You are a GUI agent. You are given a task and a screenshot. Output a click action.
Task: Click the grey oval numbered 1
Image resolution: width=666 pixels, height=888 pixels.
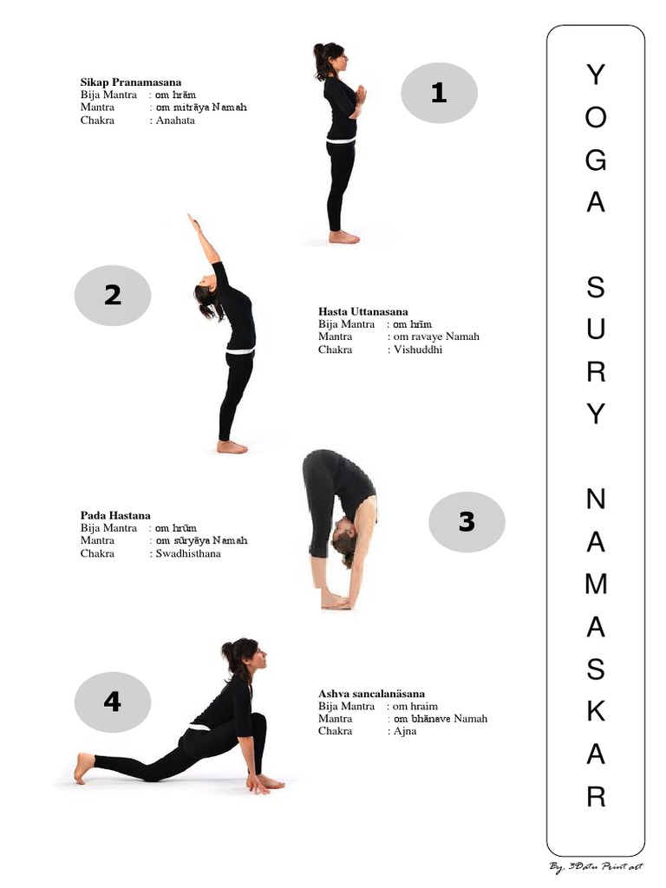[x=439, y=93]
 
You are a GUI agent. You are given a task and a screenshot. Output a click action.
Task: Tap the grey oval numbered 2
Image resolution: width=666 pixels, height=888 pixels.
[x=113, y=296]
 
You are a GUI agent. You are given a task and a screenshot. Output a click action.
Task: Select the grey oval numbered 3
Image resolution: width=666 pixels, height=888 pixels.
[x=467, y=522]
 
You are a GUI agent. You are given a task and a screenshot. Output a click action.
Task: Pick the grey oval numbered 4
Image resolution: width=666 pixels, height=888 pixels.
[x=113, y=702]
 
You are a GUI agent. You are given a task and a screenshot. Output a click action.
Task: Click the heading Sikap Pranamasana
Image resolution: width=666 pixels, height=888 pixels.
[x=131, y=82]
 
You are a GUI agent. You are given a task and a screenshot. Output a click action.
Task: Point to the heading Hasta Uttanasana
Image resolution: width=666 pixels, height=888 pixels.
[x=362, y=311]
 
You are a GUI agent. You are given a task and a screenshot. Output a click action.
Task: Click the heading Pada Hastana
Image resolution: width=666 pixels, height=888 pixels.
[x=115, y=515]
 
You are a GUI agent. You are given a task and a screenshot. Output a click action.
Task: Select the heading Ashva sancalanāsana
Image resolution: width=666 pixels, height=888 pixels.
[x=371, y=694]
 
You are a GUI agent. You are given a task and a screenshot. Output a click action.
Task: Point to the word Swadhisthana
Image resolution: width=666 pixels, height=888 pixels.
[x=188, y=553]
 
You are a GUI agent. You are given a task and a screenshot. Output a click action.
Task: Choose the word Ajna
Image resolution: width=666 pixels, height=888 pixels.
[x=405, y=731]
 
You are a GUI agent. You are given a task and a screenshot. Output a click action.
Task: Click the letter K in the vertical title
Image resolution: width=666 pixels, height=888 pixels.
[x=596, y=711]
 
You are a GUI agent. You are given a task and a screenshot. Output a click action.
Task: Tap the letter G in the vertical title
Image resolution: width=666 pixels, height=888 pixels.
[x=596, y=160]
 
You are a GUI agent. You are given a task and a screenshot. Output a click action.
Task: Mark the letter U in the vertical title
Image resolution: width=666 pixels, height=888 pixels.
[x=596, y=330]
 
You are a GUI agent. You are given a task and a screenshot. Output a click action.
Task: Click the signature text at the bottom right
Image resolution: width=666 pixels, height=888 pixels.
[x=596, y=866]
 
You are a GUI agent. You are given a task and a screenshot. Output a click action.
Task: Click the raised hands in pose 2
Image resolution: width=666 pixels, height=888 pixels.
[x=192, y=223]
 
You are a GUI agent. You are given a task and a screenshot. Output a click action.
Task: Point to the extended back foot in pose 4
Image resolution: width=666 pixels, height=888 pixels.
[x=83, y=767]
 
